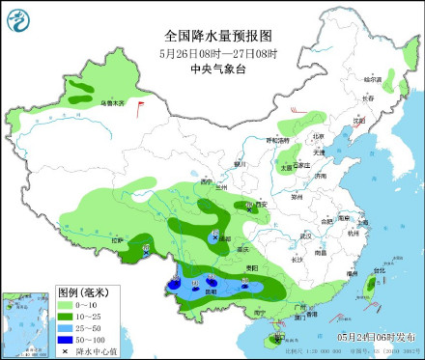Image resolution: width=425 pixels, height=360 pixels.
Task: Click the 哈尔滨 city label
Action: (373, 78)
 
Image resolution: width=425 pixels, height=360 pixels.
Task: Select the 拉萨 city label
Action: (118, 239)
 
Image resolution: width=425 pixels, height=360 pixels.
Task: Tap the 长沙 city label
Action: (297, 259)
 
